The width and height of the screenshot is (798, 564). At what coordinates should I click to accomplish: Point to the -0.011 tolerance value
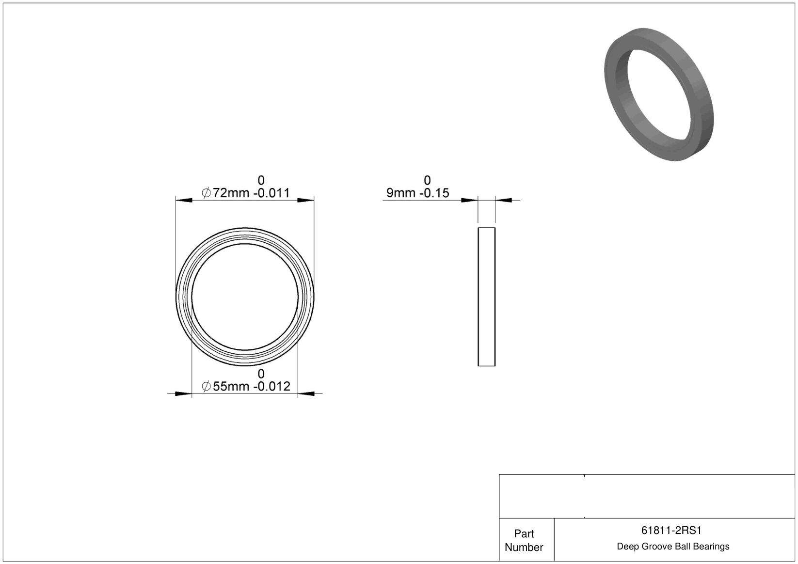272,193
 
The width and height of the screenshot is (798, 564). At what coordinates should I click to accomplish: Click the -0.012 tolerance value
272,386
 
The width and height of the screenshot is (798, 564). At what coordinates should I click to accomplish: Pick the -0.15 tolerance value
434,193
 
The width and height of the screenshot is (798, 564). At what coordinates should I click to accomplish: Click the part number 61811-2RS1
671,531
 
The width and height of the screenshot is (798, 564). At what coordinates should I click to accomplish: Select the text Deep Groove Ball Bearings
673,547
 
